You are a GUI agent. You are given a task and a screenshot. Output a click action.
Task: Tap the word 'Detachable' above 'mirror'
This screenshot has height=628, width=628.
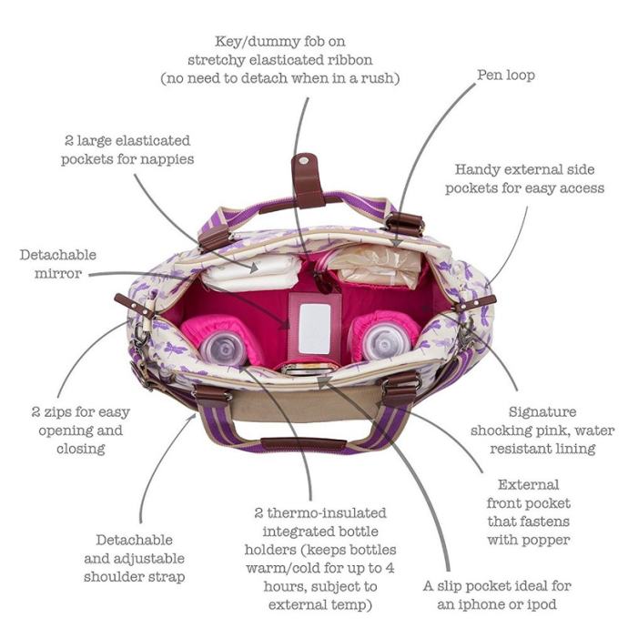coord(57,255)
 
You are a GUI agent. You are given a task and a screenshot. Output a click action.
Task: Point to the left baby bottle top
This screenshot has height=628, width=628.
coord(223,345)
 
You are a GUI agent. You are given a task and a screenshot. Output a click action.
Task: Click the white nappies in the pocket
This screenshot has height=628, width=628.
coord(249,271)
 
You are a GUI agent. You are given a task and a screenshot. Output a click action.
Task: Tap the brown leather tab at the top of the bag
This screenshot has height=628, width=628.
coord(308,182)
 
